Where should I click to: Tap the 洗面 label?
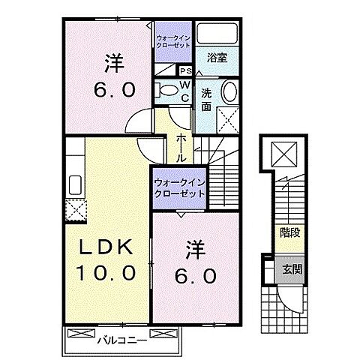tap(206, 100)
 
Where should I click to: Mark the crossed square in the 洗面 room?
tap(226, 119)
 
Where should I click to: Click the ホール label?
tap(181, 147)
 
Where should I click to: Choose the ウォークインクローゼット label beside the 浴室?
tap(173, 40)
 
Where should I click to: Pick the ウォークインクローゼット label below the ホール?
tap(180, 187)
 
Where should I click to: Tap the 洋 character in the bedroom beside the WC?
tap(113, 64)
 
